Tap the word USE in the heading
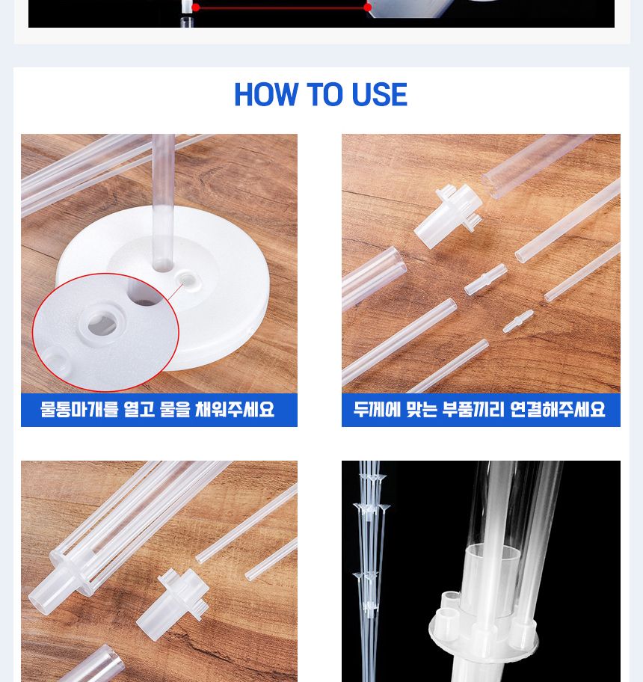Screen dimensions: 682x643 click(x=378, y=96)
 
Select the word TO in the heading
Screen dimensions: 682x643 click(x=324, y=96)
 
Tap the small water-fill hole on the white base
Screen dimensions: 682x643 click(x=187, y=281)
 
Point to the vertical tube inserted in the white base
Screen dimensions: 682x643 click(x=163, y=202)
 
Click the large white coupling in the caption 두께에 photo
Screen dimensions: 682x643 click(x=447, y=217)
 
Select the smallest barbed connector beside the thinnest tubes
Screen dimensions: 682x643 click(x=517, y=321)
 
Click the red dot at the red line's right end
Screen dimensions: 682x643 click(x=367, y=7)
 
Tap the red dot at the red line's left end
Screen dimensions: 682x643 click(x=196, y=7)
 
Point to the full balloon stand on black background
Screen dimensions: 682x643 click(x=371, y=568)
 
